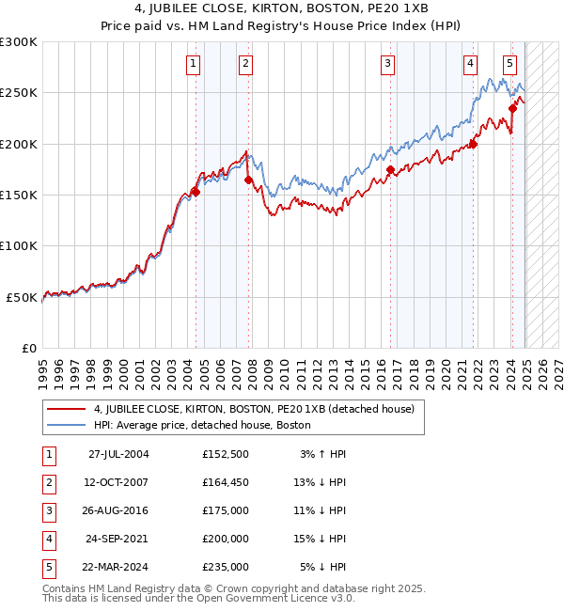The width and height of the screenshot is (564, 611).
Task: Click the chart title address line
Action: pos(281,8)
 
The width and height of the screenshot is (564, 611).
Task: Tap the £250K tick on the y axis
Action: pos(20,93)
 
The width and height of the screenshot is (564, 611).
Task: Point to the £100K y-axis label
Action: pos(20,246)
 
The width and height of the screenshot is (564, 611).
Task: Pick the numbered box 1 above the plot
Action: pos(193,64)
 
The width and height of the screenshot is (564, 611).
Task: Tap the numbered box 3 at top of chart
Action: pos(387,64)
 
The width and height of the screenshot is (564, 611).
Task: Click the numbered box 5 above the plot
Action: pos(509,64)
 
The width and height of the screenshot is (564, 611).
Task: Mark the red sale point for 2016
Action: pos(390,169)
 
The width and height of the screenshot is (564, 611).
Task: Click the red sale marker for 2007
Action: pos(248,180)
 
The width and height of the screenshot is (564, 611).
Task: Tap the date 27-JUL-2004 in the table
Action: pos(118,454)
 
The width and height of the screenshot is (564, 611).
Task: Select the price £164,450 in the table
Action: pos(225,482)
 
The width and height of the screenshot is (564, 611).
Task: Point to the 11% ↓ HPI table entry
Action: pos(323,510)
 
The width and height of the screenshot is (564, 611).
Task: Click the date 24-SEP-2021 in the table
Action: pos(118,539)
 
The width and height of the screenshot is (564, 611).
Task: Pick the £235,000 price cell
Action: pos(225,567)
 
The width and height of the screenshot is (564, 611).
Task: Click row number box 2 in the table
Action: pos(46,482)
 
